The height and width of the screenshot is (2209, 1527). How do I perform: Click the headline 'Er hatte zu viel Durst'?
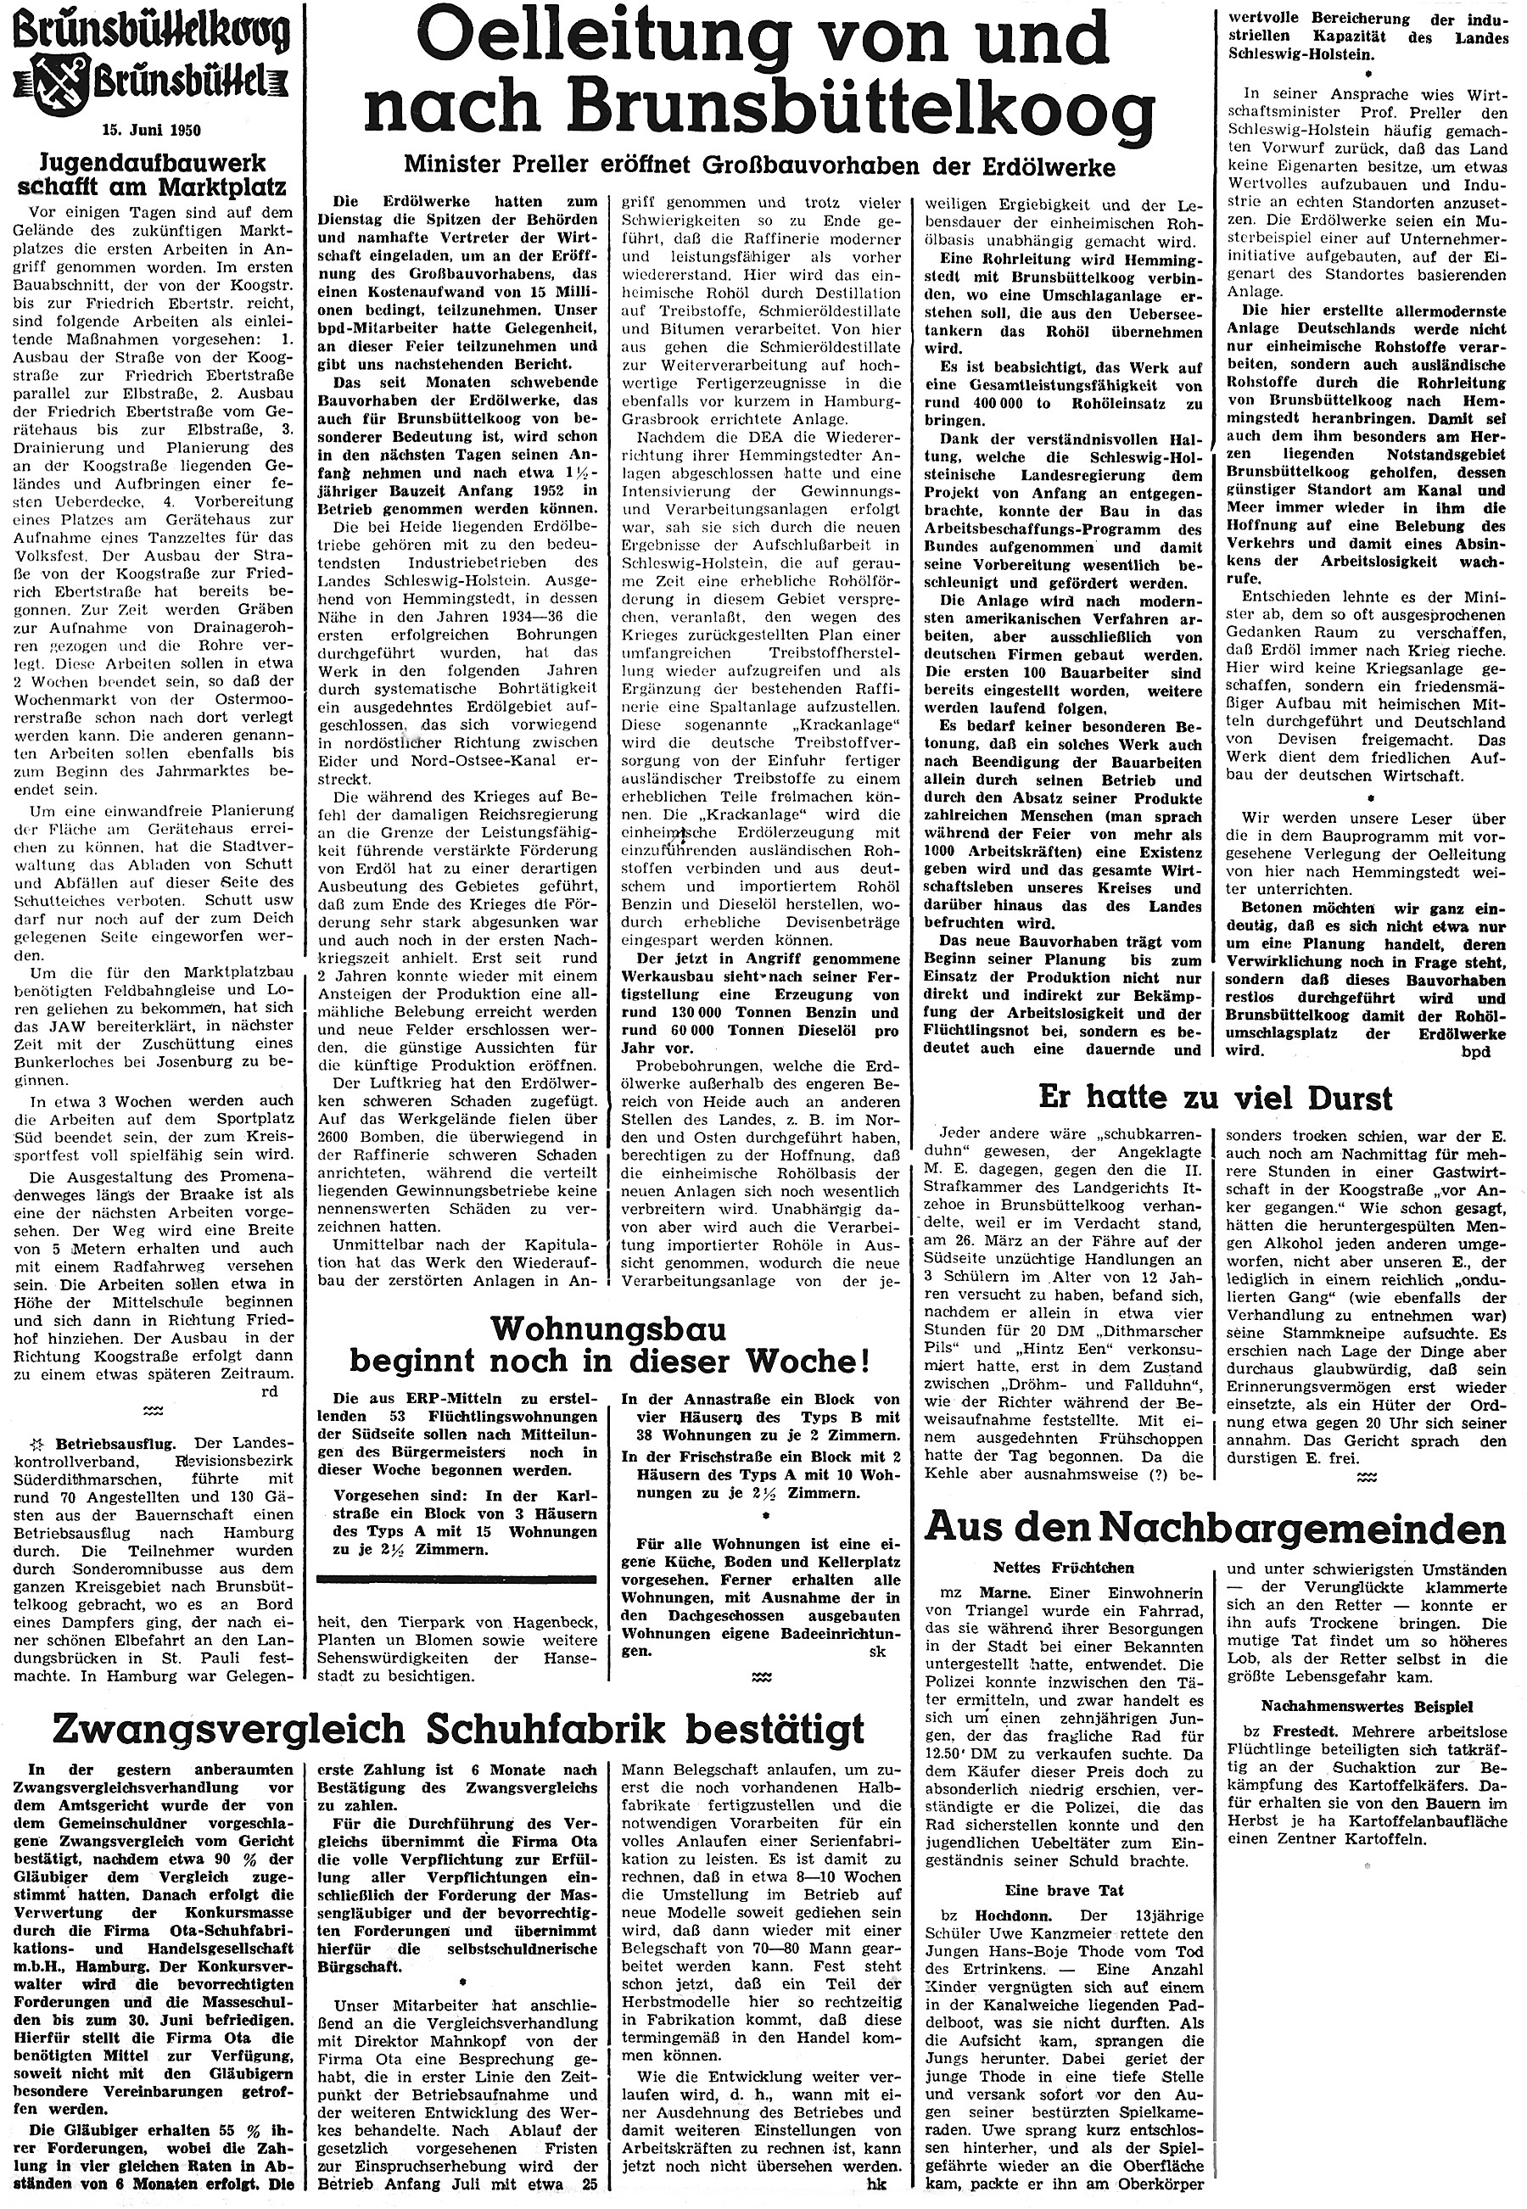coord(1215,1099)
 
